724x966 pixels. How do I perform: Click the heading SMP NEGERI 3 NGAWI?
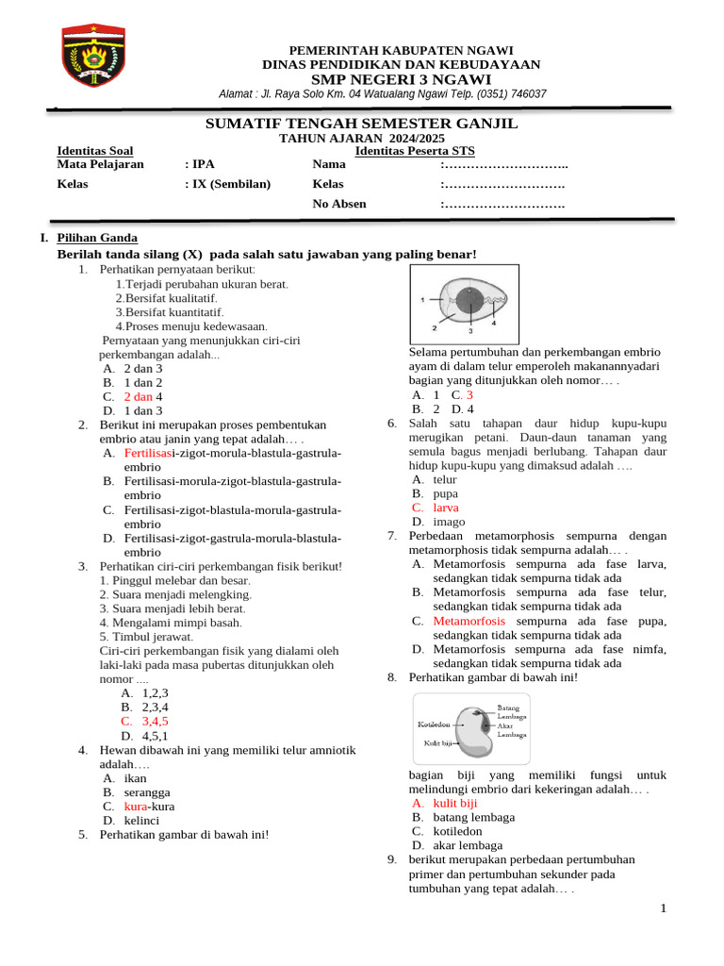401,79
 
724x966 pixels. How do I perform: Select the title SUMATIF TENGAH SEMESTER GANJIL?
361,125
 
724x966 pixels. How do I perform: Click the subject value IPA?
204,164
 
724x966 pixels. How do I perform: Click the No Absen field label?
339,204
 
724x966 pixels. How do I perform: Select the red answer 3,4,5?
155,722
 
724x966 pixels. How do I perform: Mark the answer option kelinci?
143,821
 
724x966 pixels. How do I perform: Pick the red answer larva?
446,508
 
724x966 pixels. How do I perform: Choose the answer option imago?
449,522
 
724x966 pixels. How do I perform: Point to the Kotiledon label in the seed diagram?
435,724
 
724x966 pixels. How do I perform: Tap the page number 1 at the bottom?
664,908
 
